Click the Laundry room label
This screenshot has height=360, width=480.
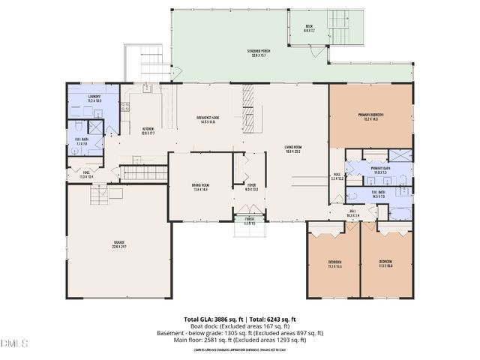click(93, 97)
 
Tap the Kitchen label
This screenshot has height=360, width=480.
click(148, 130)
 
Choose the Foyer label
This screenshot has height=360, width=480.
click(251, 187)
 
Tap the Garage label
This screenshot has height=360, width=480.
click(119, 244)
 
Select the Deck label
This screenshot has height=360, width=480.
click(308, 31)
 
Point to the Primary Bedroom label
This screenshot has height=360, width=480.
click(370, 116)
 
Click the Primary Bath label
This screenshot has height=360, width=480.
click(378, 170)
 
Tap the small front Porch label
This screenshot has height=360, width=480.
click(249, 221)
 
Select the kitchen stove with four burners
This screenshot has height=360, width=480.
click(125, 107)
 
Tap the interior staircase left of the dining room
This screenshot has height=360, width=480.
click(144, 173)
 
